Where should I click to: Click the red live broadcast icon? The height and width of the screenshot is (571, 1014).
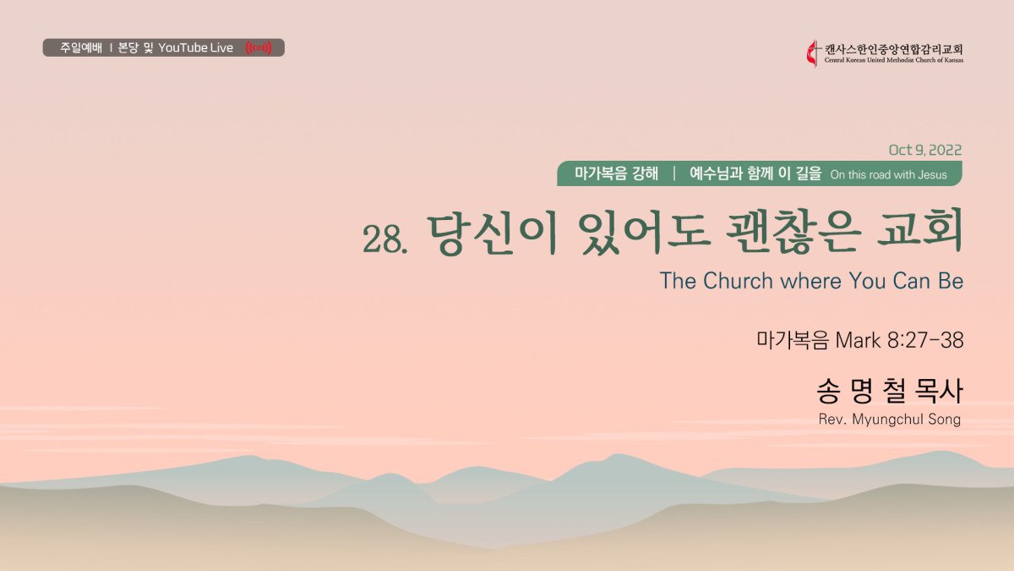point(259,47)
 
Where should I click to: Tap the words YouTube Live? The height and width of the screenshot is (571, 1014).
point(195,47)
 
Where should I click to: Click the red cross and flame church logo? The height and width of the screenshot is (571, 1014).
point(813,54)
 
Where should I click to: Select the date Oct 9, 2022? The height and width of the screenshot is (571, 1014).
point(924,150)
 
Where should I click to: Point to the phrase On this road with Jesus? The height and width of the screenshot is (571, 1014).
point(889,175)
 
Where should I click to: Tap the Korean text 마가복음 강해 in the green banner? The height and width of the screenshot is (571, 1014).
point(616,173)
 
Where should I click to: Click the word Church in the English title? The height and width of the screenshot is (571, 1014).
point(738,281)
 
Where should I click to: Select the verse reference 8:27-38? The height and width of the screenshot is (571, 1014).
point(925,340)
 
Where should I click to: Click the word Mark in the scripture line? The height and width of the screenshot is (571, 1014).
point(858,340)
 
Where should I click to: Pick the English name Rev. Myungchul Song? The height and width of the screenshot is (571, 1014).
point(890,420)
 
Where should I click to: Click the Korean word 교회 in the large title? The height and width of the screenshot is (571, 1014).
point(920,233)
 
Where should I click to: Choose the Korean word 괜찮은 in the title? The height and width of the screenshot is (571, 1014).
point(793,233)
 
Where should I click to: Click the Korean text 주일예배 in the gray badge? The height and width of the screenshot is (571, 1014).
point(81,47)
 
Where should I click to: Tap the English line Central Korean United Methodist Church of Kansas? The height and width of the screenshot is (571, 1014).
point(894,60)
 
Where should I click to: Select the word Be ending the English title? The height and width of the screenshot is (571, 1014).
point(951,281)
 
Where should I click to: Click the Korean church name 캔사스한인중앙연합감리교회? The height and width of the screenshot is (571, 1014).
point(894,49)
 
